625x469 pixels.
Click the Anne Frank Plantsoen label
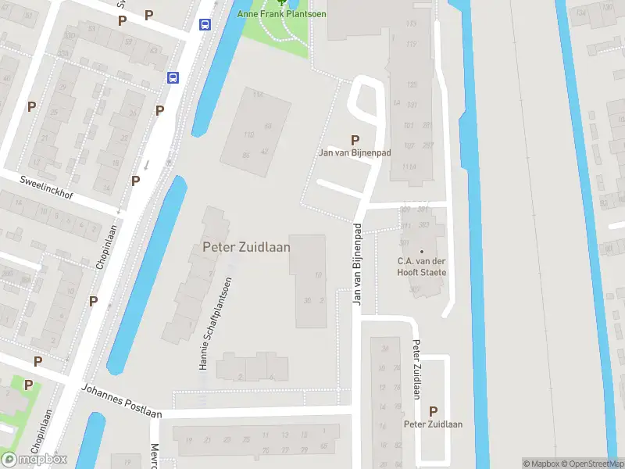(282, 14)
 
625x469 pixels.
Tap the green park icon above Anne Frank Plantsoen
(282, 2)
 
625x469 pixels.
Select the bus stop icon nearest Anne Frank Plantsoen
(205, 24)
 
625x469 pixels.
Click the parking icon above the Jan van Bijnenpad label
(355, 140)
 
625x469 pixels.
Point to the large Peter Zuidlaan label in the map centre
(246, 247)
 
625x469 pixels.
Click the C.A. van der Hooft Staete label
(422, 267)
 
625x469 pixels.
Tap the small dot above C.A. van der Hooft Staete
(422, 250)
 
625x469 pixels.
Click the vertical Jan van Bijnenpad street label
(357, 264)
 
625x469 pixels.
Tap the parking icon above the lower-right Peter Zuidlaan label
(433, 411)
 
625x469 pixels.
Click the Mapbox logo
(34, 460)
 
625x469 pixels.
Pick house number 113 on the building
(412, 23)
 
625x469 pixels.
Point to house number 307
(413, 289)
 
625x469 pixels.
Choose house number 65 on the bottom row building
(323, 446)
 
